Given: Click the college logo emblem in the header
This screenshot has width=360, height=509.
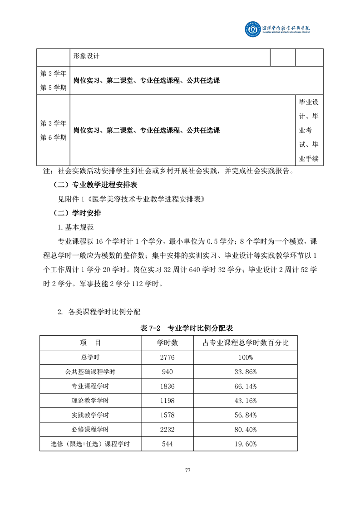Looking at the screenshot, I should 253,30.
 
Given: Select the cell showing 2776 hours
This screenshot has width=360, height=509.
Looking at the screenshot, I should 167,357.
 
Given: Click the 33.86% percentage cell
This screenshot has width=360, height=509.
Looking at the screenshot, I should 247,372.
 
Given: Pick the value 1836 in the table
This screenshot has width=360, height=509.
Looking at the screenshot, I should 167,387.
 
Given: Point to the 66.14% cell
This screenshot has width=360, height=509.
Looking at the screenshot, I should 247,387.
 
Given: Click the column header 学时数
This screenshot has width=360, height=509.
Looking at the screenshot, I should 167,343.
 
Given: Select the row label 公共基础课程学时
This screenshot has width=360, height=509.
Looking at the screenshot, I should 90,372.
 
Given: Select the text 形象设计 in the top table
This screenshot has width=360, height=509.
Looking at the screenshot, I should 86,57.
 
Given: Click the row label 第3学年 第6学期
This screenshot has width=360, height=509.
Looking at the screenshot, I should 53,130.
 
